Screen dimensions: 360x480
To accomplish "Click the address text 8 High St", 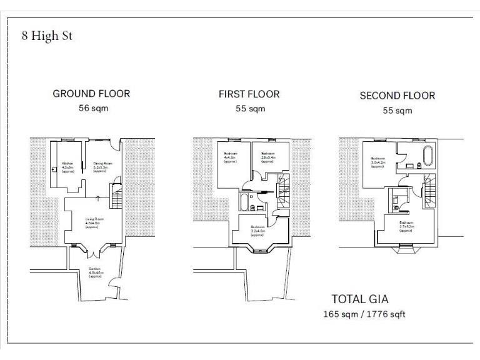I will [x=47, y=36].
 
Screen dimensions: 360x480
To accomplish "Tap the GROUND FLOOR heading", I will [x=91, y=94].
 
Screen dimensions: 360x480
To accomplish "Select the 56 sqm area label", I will [x=91, y=107].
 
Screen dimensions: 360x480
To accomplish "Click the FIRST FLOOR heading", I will [x=249, y=94].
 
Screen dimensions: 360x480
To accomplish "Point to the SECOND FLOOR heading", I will [x=397, y=96].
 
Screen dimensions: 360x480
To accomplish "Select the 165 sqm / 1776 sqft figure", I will [x=364, y=314].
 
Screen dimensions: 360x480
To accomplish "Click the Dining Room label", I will [x=102, y=166].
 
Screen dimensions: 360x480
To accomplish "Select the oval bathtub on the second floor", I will [x=429, y=156].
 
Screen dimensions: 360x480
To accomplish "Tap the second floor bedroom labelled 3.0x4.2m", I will [x=377, y=162].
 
